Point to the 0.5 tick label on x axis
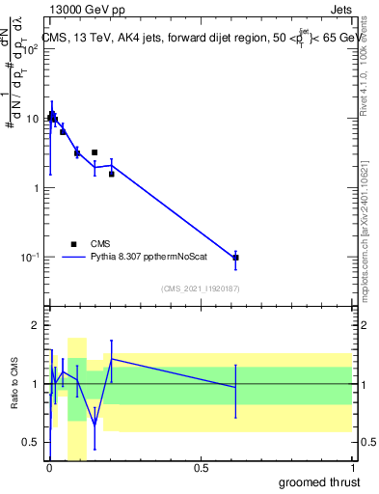[x=201, y=468]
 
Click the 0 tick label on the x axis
[x=49, y=468]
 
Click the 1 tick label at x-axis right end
[x=352, y=468]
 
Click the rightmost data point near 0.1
[x=236, y=258]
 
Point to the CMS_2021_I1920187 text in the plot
[x=200, y=288]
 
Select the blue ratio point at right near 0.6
[x=236, y=387]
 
